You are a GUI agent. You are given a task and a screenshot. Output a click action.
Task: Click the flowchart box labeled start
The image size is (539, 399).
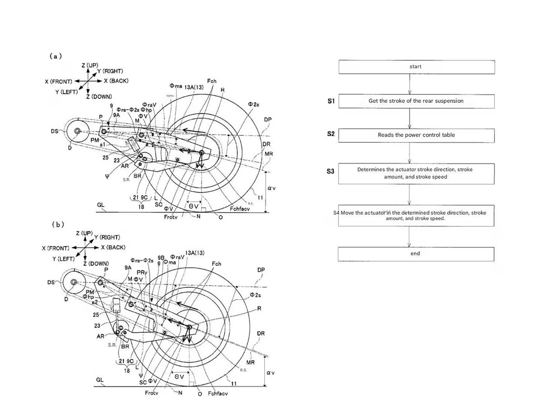coord(416,66)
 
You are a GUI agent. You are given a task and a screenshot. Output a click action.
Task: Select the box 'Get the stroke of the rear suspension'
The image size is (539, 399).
coord(416,101)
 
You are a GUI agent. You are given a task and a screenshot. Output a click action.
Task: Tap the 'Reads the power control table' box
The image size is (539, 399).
coord(416,135)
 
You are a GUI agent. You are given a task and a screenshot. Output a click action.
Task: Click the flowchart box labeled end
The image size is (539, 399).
coord(416,254)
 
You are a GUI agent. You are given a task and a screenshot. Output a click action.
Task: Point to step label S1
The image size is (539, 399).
coord(331,102)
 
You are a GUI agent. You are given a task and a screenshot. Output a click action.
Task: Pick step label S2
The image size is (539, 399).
coord(331,134)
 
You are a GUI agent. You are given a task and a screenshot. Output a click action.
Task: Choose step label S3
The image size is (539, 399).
coord(331,171)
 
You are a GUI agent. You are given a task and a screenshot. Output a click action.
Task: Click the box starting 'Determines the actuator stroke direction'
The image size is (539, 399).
coord(416,173)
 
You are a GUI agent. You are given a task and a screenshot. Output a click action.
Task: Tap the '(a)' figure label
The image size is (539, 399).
coord(56,56)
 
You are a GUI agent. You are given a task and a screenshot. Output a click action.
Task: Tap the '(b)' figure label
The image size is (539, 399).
coord(58,224)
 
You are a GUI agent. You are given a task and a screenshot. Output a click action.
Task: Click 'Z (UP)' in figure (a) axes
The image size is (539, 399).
coord(90,66)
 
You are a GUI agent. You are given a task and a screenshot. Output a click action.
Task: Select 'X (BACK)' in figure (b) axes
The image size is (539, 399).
coord(113,248)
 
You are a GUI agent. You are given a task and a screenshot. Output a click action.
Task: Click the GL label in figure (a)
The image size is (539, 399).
coord(101,204)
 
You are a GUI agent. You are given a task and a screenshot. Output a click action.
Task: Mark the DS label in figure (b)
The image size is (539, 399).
coord(51,283)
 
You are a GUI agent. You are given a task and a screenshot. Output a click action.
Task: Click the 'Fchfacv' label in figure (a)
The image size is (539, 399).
coord(239,209)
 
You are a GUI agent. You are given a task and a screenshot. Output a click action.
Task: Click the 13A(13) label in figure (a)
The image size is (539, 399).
coord(194,87)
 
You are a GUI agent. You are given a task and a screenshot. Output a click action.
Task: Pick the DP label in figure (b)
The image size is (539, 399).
coord(261,270)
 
